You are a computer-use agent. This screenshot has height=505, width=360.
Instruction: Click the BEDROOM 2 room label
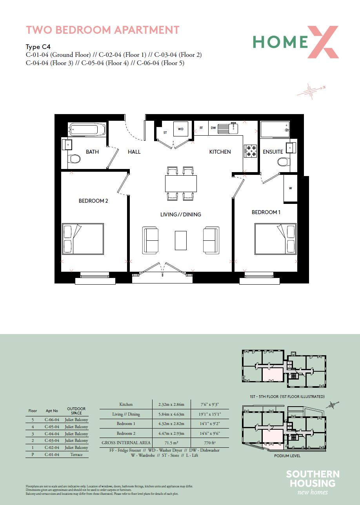93,201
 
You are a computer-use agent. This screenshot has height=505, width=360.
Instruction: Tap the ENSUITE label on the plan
273,152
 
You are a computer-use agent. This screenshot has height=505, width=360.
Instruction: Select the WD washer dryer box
180,129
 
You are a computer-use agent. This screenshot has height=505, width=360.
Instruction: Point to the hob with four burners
251,151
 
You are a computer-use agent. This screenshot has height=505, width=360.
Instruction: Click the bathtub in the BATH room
87,129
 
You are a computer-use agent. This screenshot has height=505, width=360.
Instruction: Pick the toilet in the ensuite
284,162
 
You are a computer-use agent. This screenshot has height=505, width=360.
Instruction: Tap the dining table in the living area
181,183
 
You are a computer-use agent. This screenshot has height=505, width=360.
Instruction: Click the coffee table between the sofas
180,240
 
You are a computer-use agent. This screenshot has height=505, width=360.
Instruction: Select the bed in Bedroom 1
275,239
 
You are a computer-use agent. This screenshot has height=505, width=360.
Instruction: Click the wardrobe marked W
290,189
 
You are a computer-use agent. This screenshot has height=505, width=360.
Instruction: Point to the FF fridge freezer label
201,128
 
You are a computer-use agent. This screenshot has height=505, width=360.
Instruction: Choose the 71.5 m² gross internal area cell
171,443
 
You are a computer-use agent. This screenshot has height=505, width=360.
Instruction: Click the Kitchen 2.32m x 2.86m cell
171,405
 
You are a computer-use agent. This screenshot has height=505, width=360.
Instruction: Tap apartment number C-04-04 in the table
52,434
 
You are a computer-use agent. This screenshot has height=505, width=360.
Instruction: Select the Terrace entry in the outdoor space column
76,454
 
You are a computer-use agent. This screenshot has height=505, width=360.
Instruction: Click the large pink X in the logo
323,42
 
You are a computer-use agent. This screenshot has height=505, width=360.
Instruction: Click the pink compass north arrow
311,91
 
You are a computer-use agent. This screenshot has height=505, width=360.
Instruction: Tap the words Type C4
38,47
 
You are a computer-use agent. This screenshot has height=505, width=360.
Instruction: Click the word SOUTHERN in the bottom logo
313,474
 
